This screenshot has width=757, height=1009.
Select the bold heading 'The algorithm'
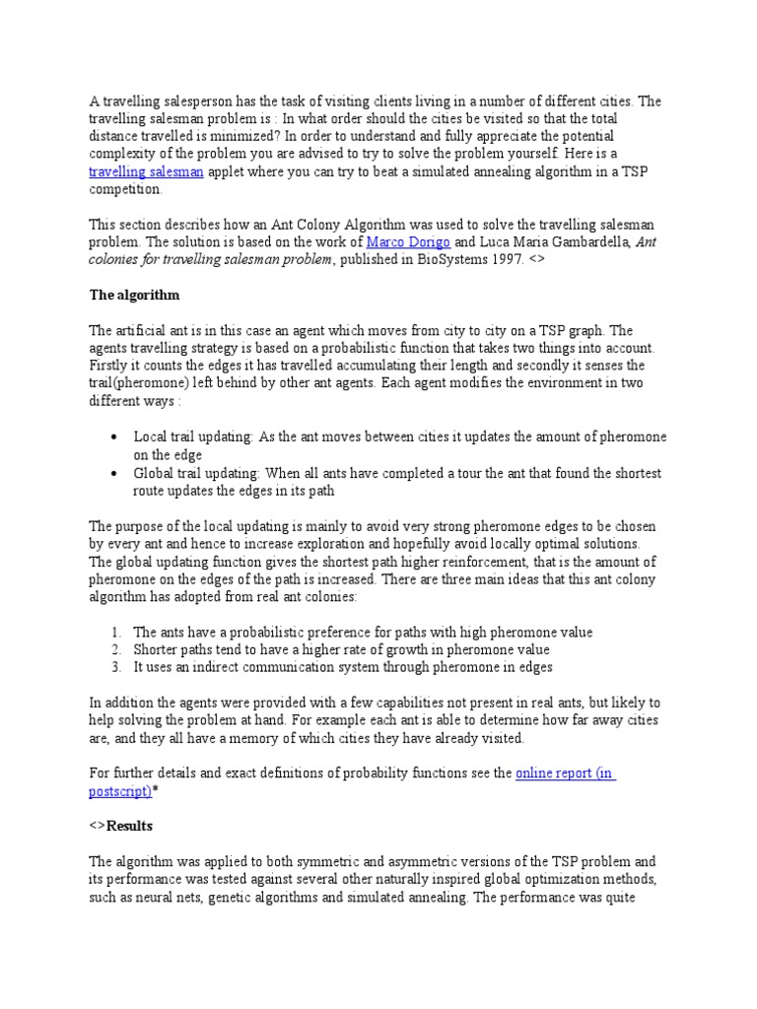[134, 295]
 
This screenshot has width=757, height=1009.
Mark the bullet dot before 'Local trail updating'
[114, 437]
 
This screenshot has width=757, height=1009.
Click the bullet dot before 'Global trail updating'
[114, 474]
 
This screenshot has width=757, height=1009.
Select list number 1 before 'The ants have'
[115, 632]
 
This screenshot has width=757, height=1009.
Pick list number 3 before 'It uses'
[115, 667]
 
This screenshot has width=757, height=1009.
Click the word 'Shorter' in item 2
[157, 649]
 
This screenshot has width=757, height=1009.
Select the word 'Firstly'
[109, 366]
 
